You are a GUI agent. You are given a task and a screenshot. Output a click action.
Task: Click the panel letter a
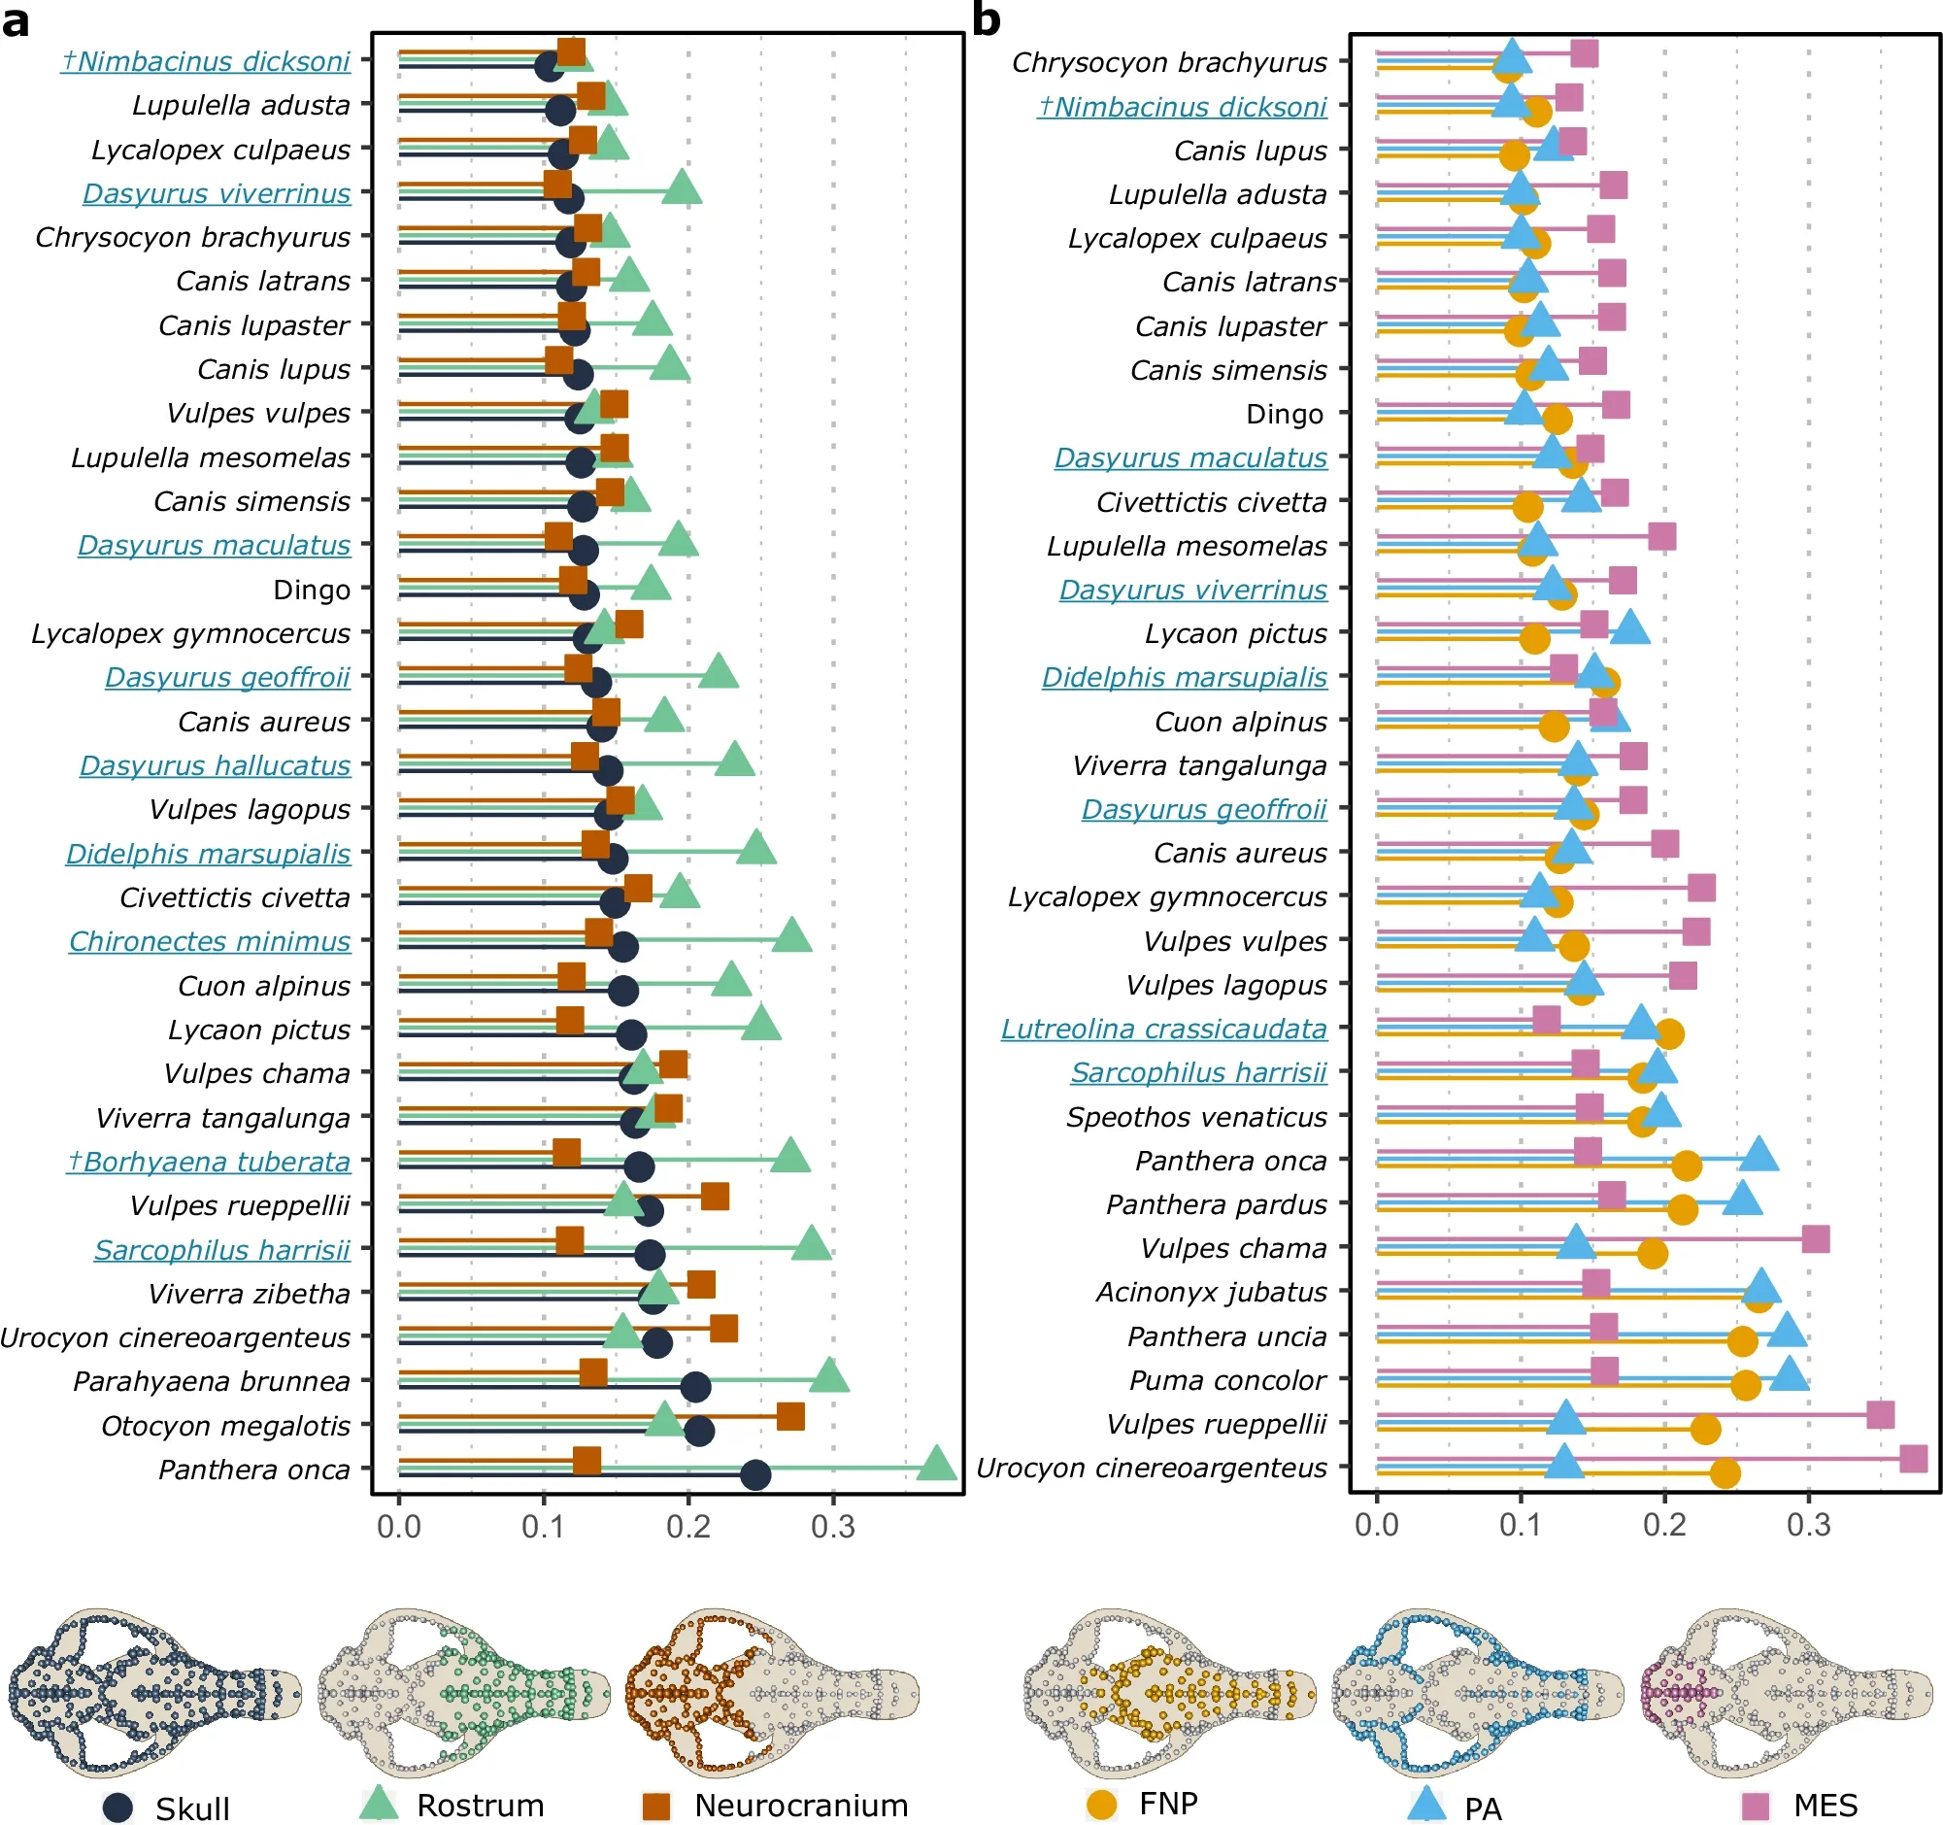coord(15,20)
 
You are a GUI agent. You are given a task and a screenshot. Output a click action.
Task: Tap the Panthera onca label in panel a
coord(254,1470)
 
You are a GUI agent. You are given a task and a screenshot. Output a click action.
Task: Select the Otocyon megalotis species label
coord(226,1426)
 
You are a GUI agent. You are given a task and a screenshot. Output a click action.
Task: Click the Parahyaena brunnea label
coord(211,1381)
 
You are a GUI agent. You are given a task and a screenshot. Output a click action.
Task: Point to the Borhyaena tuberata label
coord(208,1162)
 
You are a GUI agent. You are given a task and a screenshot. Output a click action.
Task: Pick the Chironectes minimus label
coord(209,941)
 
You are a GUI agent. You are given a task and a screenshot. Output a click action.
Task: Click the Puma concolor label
coord(1227,1380)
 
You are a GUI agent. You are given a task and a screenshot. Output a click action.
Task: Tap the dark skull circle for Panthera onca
coord(755,1475)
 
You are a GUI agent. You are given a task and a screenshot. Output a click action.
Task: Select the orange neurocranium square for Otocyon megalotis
coord(790,1416)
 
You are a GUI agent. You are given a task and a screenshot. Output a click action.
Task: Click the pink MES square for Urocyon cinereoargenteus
coord(1913,1460)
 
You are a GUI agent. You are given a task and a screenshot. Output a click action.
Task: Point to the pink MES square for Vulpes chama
coord(1815,1239)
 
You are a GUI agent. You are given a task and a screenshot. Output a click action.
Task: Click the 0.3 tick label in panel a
coord(833,1526)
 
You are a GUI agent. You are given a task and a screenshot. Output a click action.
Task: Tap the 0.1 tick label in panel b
coord(1521,1525)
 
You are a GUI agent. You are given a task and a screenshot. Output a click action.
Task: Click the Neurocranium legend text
coord(801,1806)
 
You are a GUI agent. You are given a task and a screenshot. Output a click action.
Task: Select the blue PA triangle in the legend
coord(1426,1804)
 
